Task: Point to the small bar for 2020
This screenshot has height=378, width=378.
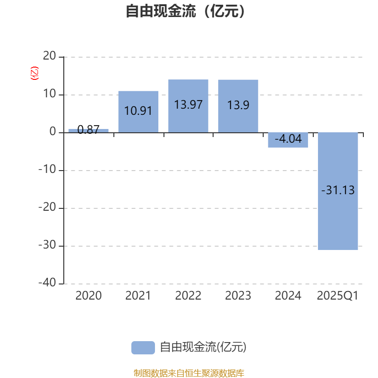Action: click(88, 130)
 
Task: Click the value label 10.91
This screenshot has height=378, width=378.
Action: click(138, 111)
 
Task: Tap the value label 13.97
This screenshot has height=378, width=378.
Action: click(188, 104)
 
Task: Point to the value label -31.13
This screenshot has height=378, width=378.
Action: click(338, 190)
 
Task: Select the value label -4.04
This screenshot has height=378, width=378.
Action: click(288, 139)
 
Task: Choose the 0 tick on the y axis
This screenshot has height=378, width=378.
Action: click(53, 132)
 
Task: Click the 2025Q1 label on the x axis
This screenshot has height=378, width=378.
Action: click(338, 296)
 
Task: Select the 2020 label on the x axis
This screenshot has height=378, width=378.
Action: click(88, 296)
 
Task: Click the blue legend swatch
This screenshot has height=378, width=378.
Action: click(143, 347)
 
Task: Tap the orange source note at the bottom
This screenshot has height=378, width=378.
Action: click(189, 373)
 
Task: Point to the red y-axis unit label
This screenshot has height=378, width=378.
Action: click(34, 74)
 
